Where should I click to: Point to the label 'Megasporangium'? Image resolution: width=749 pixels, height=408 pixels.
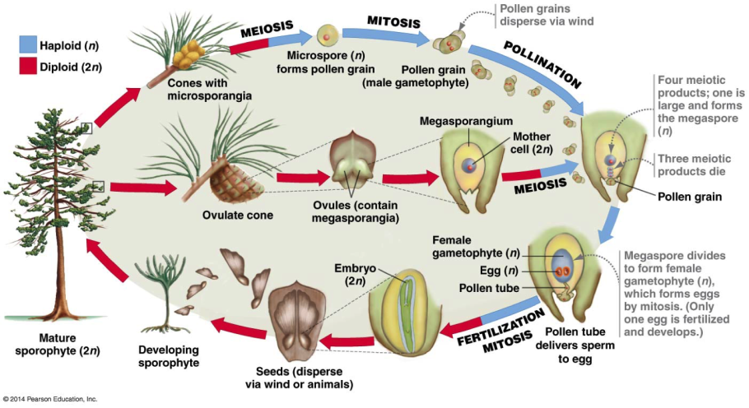tap(455, 121)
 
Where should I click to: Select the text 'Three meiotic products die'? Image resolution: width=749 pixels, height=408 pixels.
tap(691, 165)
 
